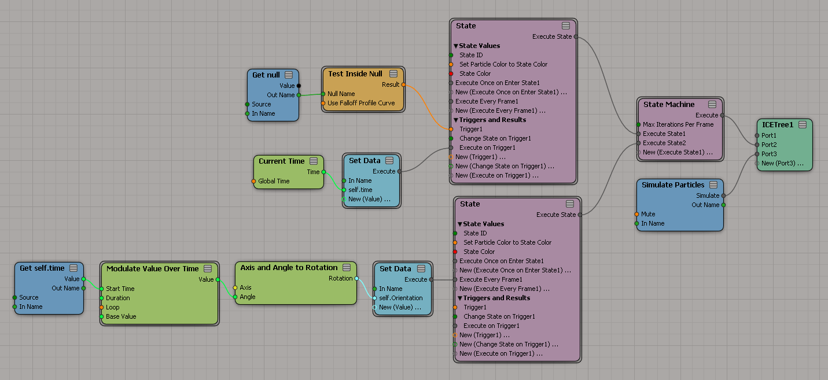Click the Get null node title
pos(266,75)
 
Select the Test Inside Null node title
pos(355,74)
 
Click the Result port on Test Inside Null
pos(403,84)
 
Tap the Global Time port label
pos(274,181)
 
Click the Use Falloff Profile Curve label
pos(361,103)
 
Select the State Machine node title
pos(669,105)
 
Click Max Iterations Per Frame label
pos(678,124)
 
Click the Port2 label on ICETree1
pos(769,145)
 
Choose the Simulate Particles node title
pos(673,185)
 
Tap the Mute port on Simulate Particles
pos(637,214)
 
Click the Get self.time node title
pos(42,268)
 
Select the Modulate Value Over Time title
pos(152,269)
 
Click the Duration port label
pos(118,298)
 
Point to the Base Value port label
pos(121,316)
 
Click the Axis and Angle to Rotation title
pos(289,268)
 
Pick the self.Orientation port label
pos(400,298)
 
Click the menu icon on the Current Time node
pos(314,161)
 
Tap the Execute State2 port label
pos(664,143)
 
